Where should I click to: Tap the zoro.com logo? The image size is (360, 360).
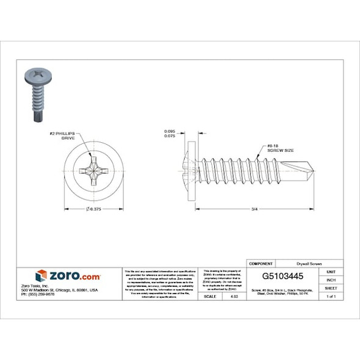[68, 275]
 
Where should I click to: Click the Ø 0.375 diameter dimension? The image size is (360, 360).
[91, 209]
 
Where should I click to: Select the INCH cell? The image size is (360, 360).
[331, 279]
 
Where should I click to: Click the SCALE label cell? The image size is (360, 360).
[209, 296]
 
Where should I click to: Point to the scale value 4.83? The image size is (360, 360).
[233, 296]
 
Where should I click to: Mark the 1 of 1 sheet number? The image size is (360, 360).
[331, 296]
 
